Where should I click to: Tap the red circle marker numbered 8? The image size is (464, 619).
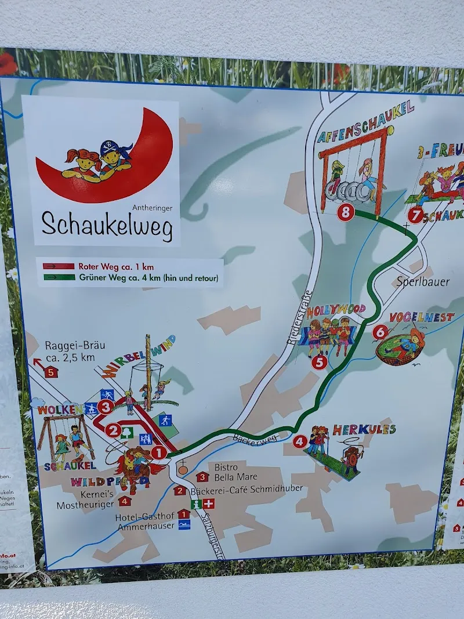coord(346,212)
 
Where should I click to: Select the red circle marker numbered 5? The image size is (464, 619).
coord(319,363)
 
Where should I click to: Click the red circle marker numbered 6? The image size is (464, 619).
coord(380,332)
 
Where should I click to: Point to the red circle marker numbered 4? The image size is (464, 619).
coord(299,441)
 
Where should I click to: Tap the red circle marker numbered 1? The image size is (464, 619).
coord(160,453)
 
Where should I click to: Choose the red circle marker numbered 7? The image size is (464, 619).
coord(415,215)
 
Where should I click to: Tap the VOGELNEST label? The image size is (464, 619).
coord(421,317)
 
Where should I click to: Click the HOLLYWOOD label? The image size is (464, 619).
coord(336,310)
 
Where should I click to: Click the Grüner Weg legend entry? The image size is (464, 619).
coord(130,277)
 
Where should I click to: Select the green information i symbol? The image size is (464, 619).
coord(195,504)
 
